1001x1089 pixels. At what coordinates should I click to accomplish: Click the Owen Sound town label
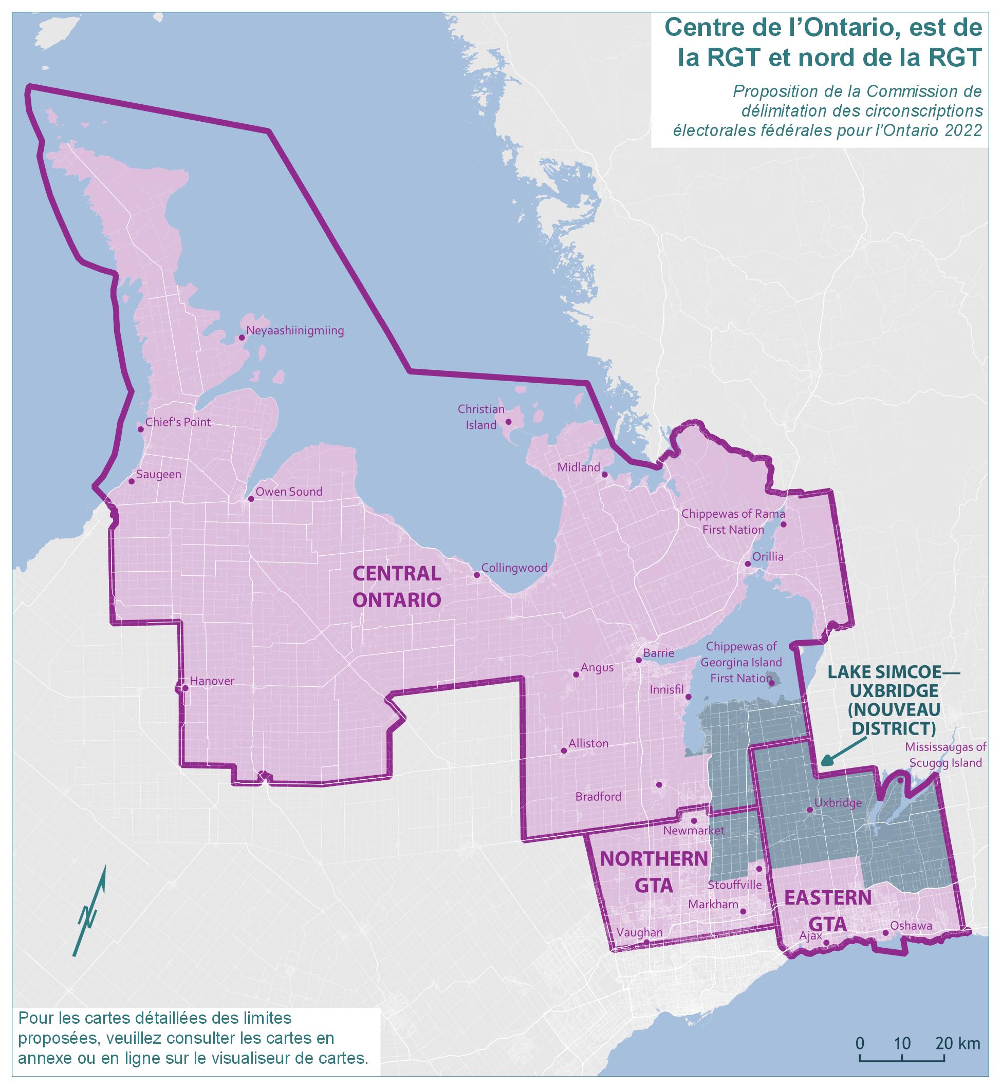[x=289, y=492]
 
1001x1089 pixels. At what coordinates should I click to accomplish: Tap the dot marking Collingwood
[x=477, y=575]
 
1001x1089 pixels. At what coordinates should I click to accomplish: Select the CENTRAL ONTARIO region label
[x=397, y=587]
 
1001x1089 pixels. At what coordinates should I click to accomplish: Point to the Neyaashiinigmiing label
[x=294, y=331]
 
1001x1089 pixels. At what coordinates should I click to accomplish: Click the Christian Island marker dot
[x=508, y=422]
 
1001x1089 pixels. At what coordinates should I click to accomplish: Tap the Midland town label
[x=579, y=467]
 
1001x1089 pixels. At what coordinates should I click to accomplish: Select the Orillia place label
[x=768, y=557]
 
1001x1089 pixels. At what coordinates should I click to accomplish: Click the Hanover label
[x=212, y=681]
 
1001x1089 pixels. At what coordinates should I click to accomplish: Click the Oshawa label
[x=911, y=926]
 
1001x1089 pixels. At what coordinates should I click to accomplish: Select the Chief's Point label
[x=178, y=422]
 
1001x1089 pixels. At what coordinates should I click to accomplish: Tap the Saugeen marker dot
[x=132, y=481]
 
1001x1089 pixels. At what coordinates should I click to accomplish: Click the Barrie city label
[x=658, y=653]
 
